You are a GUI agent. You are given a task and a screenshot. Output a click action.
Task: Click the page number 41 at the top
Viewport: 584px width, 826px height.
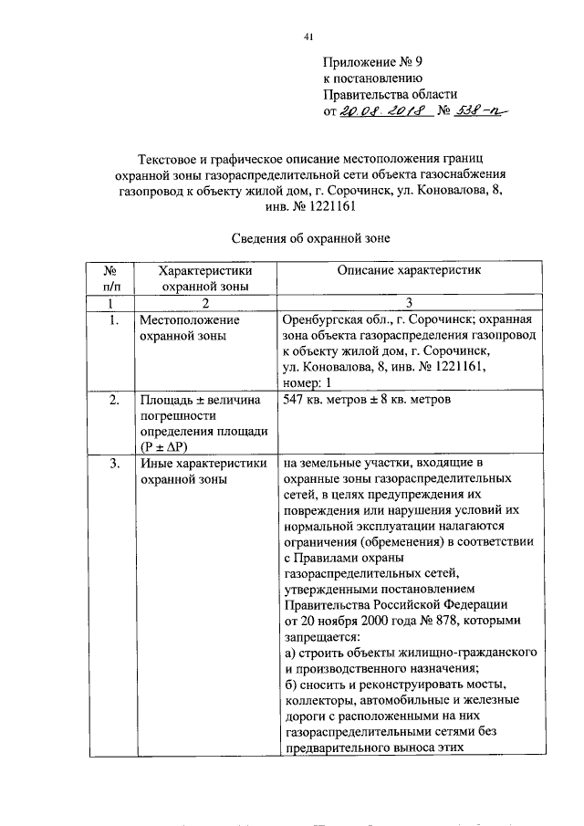tap(307, 37)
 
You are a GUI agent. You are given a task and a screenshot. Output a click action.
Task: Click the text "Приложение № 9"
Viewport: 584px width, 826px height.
tap(374, 62)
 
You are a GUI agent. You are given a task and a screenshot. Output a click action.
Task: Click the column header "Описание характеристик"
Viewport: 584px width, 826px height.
tap(401, 270)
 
